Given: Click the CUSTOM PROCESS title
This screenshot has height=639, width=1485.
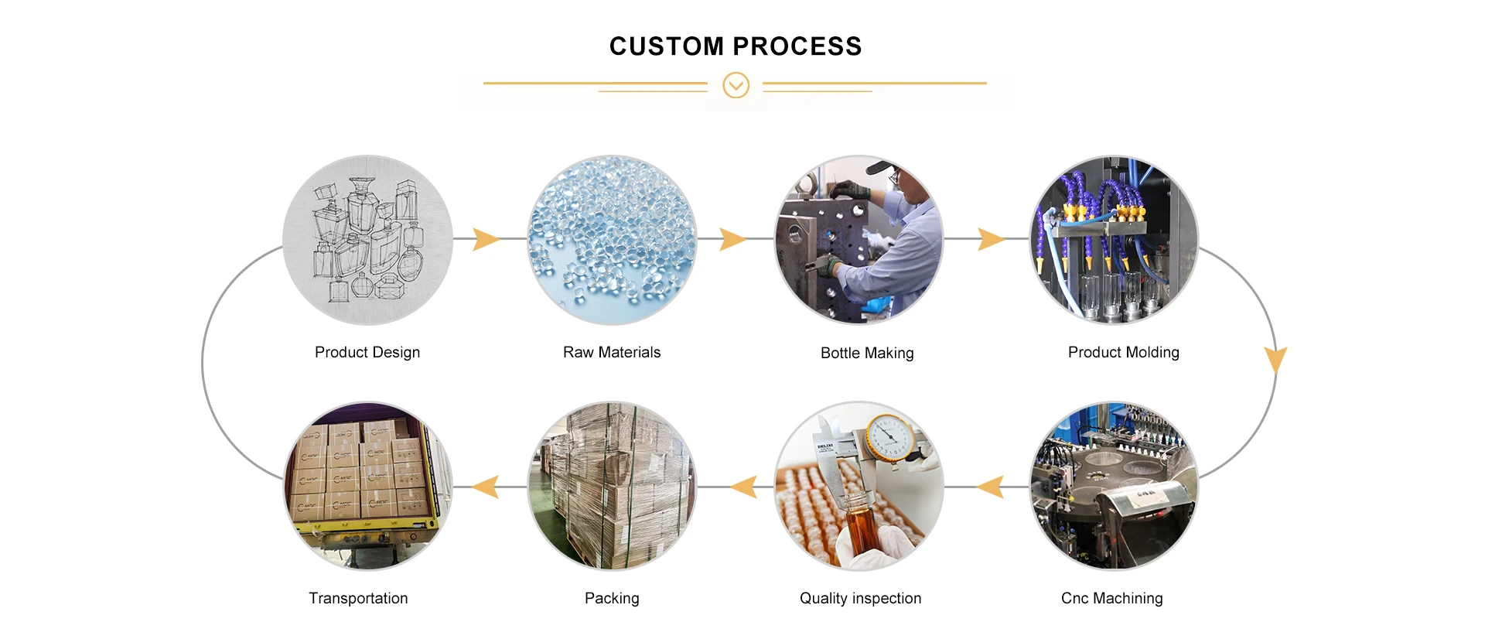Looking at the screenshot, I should (735, 46).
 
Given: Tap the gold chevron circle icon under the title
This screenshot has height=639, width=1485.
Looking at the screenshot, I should (736, 85).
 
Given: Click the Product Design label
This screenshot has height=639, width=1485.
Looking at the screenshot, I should (367, 352).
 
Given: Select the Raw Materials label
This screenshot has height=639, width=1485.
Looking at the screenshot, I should (612, 352).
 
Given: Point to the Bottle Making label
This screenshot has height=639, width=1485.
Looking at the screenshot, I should (867, 353).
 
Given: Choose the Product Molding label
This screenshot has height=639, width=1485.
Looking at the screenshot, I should (1123, 352).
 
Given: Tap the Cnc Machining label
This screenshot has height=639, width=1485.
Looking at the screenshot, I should (1111, 598).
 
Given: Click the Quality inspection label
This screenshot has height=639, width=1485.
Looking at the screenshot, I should (860, 598).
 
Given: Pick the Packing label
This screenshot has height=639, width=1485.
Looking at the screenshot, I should (612, 598).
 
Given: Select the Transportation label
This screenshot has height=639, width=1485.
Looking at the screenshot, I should (358, 598).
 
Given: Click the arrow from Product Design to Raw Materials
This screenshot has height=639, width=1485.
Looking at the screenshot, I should (486, 239).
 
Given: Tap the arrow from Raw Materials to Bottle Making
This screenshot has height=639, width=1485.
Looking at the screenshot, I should (732, 239).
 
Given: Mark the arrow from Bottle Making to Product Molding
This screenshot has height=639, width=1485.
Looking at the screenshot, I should (991, 239).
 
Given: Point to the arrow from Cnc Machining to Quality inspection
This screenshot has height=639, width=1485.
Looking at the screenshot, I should (992, 487).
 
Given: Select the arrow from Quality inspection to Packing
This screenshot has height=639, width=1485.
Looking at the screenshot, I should (744, 487).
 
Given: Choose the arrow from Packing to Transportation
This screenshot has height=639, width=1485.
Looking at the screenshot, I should (486, 487).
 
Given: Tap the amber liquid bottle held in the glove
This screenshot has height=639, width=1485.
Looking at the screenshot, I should (859, 526).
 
